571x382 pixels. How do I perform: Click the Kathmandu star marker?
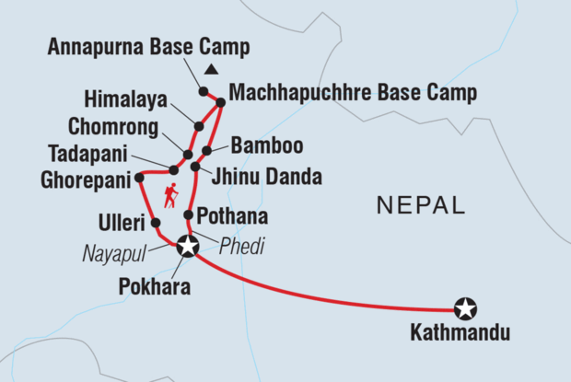[466, 308]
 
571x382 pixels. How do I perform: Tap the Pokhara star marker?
[188, 246]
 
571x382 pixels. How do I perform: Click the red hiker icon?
[169, 195]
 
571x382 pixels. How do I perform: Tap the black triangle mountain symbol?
[212, 71]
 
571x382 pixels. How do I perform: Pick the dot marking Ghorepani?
[139, 177]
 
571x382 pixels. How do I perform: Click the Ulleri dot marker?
[155, 223]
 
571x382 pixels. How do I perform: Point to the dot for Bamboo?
[207, 150]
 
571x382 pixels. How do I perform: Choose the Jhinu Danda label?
[267, 175]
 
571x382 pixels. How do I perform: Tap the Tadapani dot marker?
[173, 169]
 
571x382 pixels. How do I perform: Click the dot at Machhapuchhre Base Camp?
[221, 102]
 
